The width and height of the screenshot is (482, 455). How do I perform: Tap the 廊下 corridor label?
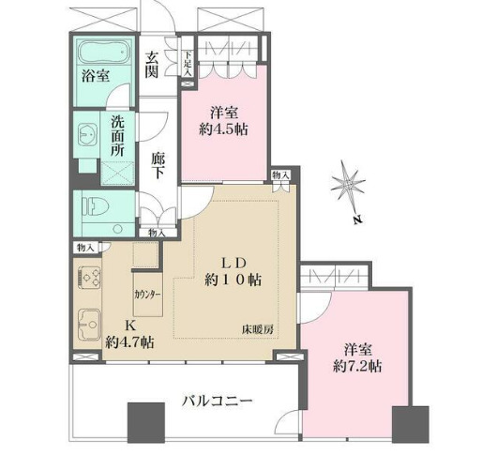[158, 167]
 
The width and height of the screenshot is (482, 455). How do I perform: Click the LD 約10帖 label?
[233, 270]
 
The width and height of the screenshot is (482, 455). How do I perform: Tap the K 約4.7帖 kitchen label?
[124, 332]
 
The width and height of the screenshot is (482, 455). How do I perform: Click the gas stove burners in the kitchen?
[91, 276]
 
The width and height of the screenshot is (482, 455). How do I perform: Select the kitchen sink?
[91, 322]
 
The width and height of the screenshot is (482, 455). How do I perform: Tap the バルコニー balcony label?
[217, 402]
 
